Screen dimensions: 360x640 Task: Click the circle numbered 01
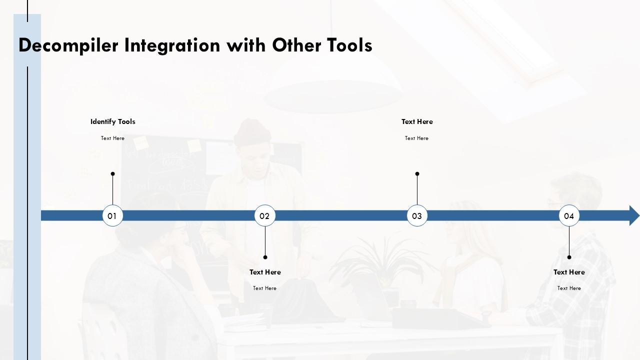(112, 215)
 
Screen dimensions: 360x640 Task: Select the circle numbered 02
(264, 215)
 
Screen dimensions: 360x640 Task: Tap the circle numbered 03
(417, 215)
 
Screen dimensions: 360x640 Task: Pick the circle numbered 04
(569, 215)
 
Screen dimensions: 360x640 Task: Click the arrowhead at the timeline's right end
(634, 215)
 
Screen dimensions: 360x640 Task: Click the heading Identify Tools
(112, 121)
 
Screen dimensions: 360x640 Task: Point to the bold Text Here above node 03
(417, 121)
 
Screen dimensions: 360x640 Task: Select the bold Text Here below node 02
(265, 272)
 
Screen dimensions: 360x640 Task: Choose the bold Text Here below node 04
(569, 272)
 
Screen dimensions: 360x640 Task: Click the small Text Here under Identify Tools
(112, 138)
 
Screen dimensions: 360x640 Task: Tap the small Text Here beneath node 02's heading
(264, 288)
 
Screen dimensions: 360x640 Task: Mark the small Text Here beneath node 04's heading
(569, 288)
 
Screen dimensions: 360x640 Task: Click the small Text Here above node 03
(416, 138)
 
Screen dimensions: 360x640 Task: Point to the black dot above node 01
(112, 174)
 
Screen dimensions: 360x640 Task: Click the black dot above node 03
(417, 174)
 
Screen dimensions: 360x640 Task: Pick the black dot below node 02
(265, 257)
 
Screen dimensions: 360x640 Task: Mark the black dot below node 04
(569, 257)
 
